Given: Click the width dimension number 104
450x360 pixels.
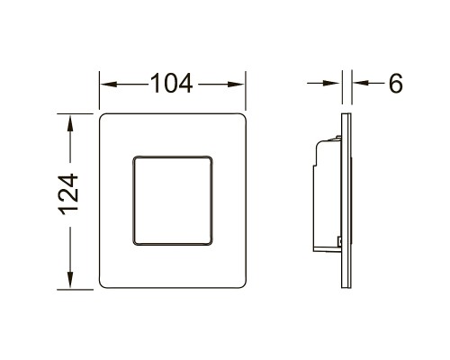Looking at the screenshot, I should click(x=171, y=84).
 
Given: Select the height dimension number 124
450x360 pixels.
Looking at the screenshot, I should click(x=72, y=200).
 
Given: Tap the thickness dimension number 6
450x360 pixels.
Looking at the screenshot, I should click(x=393, y=84).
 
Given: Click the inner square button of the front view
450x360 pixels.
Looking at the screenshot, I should click(x=171, y=201).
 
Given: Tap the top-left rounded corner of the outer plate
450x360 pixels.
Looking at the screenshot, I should click(x=102, y=117).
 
